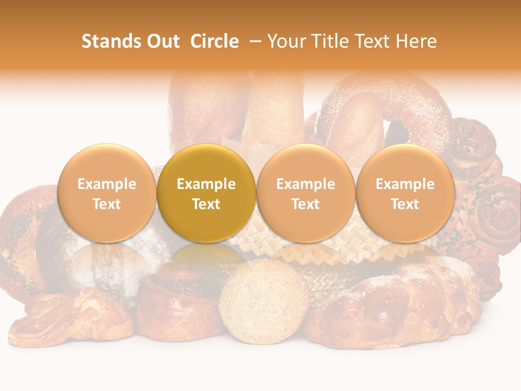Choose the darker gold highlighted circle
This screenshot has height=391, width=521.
point(206,193)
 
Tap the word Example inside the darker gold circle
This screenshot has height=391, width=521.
point(206,184)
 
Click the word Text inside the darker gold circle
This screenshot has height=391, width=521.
point(206,204)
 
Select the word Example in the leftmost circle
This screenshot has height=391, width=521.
point(107,184)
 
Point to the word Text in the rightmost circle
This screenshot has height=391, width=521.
point(405,204)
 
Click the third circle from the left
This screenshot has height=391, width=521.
point(306,193)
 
